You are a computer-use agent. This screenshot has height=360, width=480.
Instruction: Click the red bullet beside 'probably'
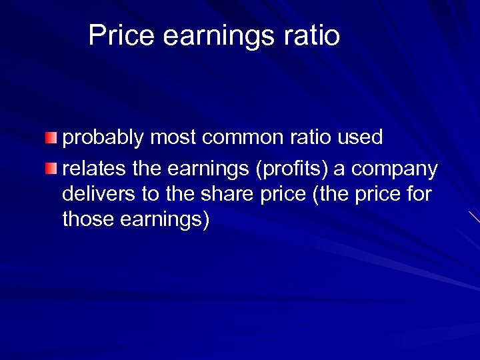(51, 138)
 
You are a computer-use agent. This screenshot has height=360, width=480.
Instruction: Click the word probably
(103, 138)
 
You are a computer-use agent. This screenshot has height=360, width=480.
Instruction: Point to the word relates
(94, 169)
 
